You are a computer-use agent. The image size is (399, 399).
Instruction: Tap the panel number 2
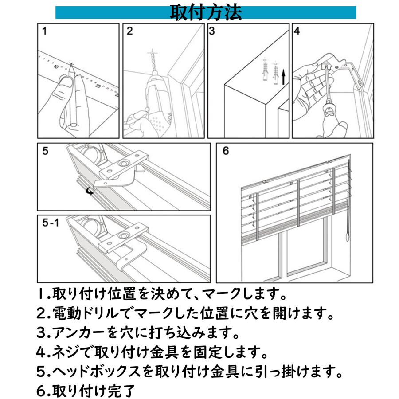(129, 31)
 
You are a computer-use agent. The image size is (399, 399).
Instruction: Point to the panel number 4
(297, 31)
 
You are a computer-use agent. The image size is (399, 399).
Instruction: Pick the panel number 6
(226, 151)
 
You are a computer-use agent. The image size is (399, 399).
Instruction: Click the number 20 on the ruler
(98, 85)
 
